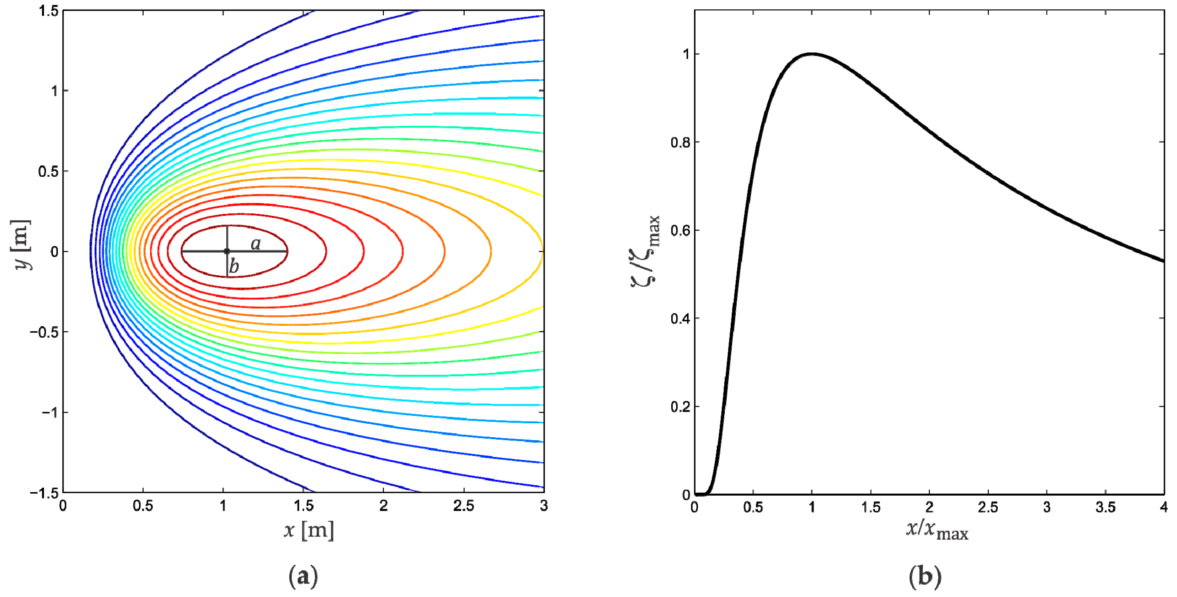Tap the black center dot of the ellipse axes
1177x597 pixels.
tap(227, 251)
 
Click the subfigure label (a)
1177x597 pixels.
tap(303, 577)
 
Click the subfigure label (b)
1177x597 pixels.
tap(925, 577)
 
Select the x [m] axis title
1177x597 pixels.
tap(309, 530)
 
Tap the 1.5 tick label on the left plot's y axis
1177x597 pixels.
tap(49, 11)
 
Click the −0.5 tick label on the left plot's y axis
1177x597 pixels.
tap(44, 332)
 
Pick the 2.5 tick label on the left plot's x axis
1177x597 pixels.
tap(463, 506)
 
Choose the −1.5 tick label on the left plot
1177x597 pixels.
tap(44, 493)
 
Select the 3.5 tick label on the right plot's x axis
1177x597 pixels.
tap(1105, 507)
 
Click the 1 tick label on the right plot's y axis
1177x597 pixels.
tap(686, 54)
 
